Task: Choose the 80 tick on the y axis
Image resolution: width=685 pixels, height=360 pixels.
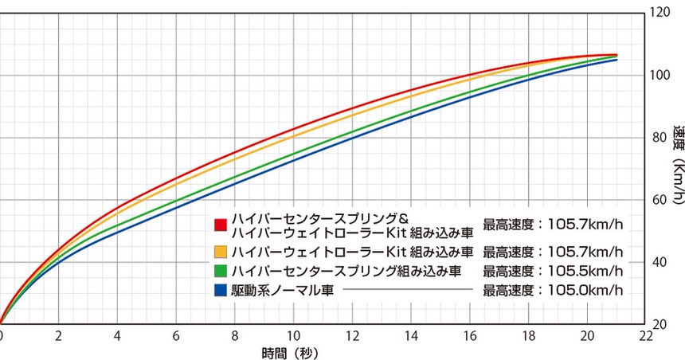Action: coord(660,138)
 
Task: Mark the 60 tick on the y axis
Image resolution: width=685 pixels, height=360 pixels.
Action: coord(660,200)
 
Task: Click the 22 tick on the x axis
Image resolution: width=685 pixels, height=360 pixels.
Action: coord(645,337)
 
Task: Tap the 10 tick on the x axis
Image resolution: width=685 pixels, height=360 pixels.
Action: coord(294,337)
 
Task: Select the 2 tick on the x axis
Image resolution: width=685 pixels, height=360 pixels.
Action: coord(59,337)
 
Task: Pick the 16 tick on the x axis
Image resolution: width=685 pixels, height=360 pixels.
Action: coord(469,337)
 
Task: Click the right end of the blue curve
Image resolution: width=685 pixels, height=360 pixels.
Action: coord(616,60)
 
